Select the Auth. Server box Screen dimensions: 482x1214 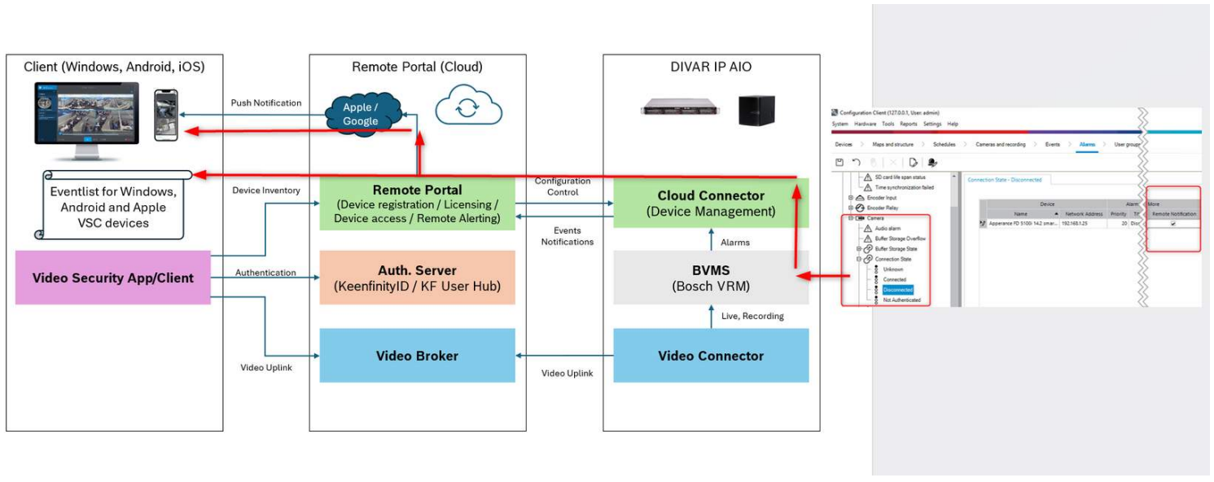pos(417,278)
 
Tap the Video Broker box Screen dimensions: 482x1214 pos(417,356)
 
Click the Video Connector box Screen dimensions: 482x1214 pos(711,356)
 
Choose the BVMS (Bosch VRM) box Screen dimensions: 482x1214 pos(711,278)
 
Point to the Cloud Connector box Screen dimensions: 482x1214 pos(711,203)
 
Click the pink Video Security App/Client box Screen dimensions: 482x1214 pos(113,278)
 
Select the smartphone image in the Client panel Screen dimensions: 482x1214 pos(166,116)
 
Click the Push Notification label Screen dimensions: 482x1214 pos(265,103)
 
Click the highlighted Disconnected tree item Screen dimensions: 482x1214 pos(898,290)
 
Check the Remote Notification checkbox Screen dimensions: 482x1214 pos(1173,223)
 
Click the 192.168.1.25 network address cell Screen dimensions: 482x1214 pos(1080,223)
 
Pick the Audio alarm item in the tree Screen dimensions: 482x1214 pos(889,229)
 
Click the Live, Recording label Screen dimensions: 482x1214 pos(752,316)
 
